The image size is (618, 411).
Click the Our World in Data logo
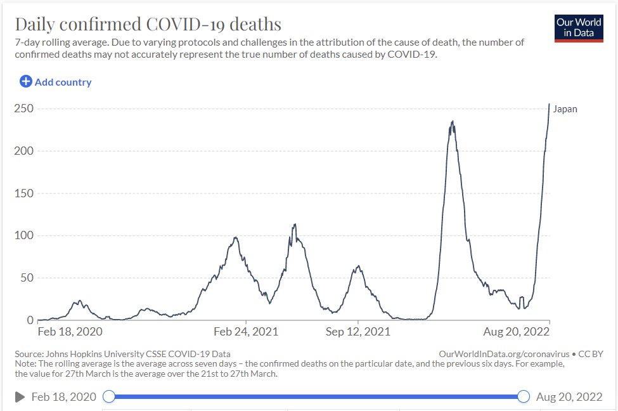tap(579, 27)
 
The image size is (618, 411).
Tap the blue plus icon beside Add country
tap(26, 82)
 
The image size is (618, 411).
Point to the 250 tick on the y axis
tap(23, 108)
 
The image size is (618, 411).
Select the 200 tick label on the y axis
tap(23, 151)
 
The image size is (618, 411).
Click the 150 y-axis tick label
tap(23, 193)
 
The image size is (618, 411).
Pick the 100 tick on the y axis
tap(23, 235)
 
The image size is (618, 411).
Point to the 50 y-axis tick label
tap(26, 278)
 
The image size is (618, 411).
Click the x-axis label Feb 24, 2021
tap(246, 332)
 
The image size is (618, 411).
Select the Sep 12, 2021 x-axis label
tap(358, 332)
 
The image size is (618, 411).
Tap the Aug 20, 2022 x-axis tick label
tap(515, 332)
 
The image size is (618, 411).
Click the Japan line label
tap(565, 109)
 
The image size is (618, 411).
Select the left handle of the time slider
tap(109, 396)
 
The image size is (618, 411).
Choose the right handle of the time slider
tap(524, 396)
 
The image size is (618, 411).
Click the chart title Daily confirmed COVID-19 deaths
tap(148, 24)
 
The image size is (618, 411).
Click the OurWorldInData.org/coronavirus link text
tap(503, 354)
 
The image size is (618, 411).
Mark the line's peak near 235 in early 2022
tap(452, 122)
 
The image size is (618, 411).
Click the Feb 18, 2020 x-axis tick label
tap(70, 332)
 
